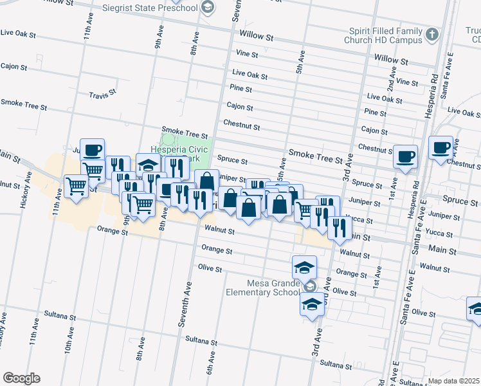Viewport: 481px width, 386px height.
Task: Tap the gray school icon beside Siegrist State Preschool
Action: tap(207, 8)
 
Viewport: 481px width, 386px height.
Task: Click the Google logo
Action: tap(21, 378)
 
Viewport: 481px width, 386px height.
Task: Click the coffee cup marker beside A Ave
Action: tap(441, 148)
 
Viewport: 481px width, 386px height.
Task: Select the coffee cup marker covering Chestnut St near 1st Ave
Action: tap(406, 156)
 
